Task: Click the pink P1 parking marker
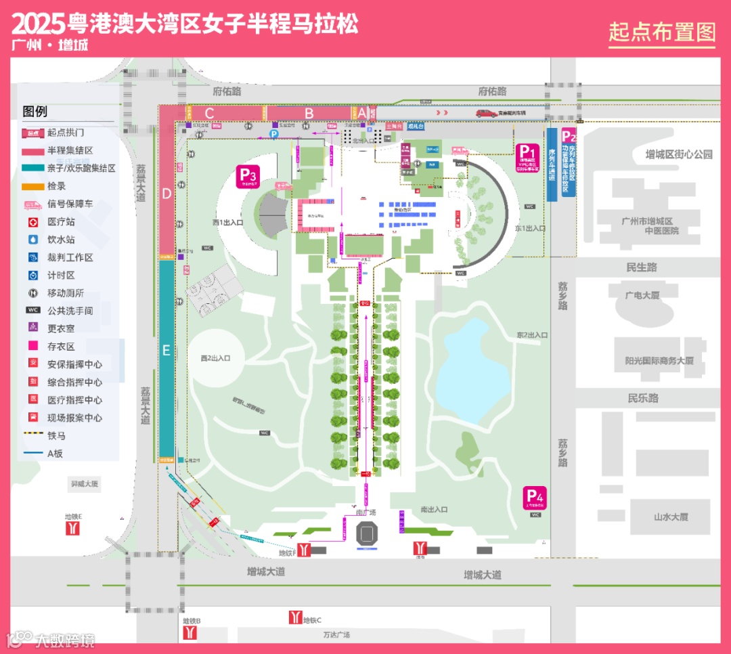tap(527, 152)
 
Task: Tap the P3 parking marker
tap(246, 175)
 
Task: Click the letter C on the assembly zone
tap(210, 113)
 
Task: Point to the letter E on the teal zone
tap(166, 351)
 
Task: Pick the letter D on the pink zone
tap(167, 193)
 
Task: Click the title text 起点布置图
tap(661, 31)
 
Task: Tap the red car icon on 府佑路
tap(486, 113)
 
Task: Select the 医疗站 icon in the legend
tap(33, 222)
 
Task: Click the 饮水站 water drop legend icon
tap(33, 240)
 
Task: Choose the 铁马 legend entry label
tap(56, 436)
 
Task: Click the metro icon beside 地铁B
tap(192, 632)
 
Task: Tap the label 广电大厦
tap(642, 295)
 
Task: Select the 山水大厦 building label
tap(671, 517)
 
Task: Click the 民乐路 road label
tap(642, 398)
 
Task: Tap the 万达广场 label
tap(336, 635)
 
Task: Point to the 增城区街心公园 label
tap(679, 154)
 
